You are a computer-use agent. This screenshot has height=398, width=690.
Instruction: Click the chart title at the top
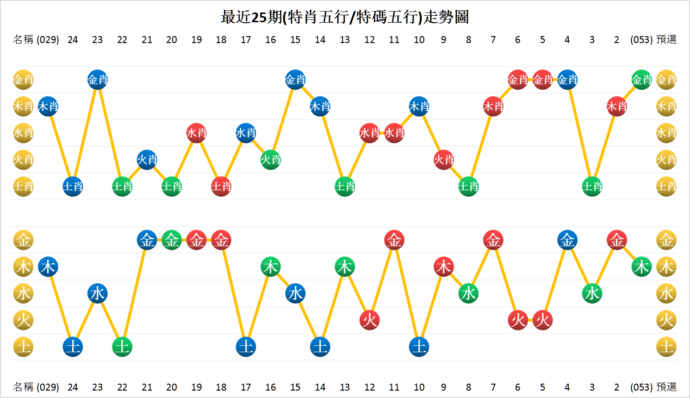345,17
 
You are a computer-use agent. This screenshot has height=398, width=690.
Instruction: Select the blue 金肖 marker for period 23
98,80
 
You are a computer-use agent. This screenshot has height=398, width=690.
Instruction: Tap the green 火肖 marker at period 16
271,160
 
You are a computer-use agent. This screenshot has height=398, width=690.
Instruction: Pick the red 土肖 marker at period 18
221,187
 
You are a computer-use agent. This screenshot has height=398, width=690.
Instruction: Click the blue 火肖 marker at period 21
147,160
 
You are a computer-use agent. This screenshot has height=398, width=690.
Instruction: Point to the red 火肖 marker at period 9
444,160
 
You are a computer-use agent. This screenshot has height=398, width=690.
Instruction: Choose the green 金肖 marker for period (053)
641,80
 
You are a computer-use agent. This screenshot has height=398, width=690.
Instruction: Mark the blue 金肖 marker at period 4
567,80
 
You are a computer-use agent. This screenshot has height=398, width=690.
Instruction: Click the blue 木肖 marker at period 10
419,107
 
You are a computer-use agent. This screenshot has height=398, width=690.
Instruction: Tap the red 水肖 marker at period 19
197,133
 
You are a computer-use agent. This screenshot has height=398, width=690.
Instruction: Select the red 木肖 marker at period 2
617,107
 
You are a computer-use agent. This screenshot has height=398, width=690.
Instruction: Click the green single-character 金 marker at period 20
172,240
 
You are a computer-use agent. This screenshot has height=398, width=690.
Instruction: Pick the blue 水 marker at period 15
295,293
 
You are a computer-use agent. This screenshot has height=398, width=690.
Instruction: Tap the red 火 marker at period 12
370,320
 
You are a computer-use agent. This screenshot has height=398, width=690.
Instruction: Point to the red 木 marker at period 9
444,267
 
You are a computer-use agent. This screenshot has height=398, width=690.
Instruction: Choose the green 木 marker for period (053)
641,267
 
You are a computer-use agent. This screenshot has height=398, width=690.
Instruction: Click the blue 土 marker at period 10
419,347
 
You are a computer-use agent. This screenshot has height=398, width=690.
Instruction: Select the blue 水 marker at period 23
98,293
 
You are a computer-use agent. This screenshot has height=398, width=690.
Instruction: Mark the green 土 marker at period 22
122,347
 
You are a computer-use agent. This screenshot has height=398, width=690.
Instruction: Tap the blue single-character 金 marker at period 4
567,240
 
